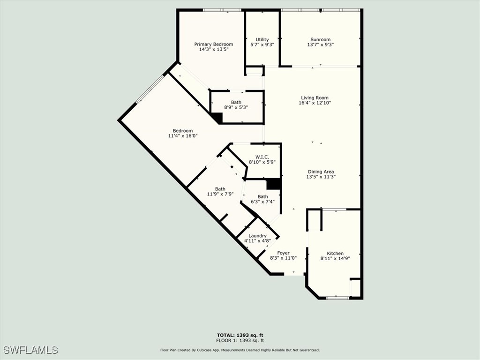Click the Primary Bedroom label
pos(213,45)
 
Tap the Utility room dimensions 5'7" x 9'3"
pos(262,45)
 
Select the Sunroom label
pos(320,40)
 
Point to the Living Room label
pos(315,98)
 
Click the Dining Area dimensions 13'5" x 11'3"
pos(321,177)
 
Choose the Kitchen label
pos(335,253)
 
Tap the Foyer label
pos(283,253)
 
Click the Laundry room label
pos(257,236)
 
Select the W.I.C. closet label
pos(262,157)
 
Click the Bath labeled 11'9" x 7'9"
pos(220,189)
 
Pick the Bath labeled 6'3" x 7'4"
pos(262,196)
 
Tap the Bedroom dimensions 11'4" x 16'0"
pos(182,136)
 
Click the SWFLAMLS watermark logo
pos(30,350)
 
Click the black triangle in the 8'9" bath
pos(217,118)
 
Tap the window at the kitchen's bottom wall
pos(337,298)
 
